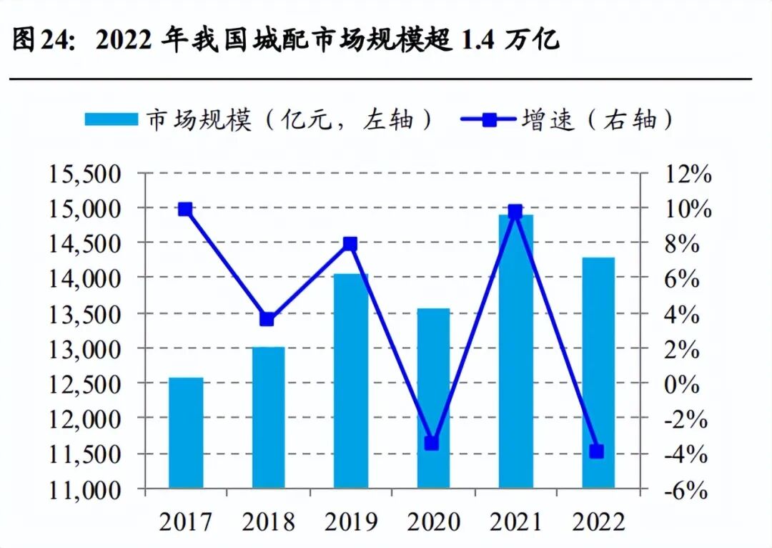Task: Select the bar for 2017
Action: click(186, 433)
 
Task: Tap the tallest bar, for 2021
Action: click(516, 351)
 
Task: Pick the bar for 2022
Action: click(598, 372)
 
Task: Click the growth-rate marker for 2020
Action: click(431, 444)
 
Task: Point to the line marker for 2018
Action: click(267, 319)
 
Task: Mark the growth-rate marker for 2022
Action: click(596, 451)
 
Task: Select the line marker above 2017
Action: click(185, 209)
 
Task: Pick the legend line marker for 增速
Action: click(490, 119)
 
